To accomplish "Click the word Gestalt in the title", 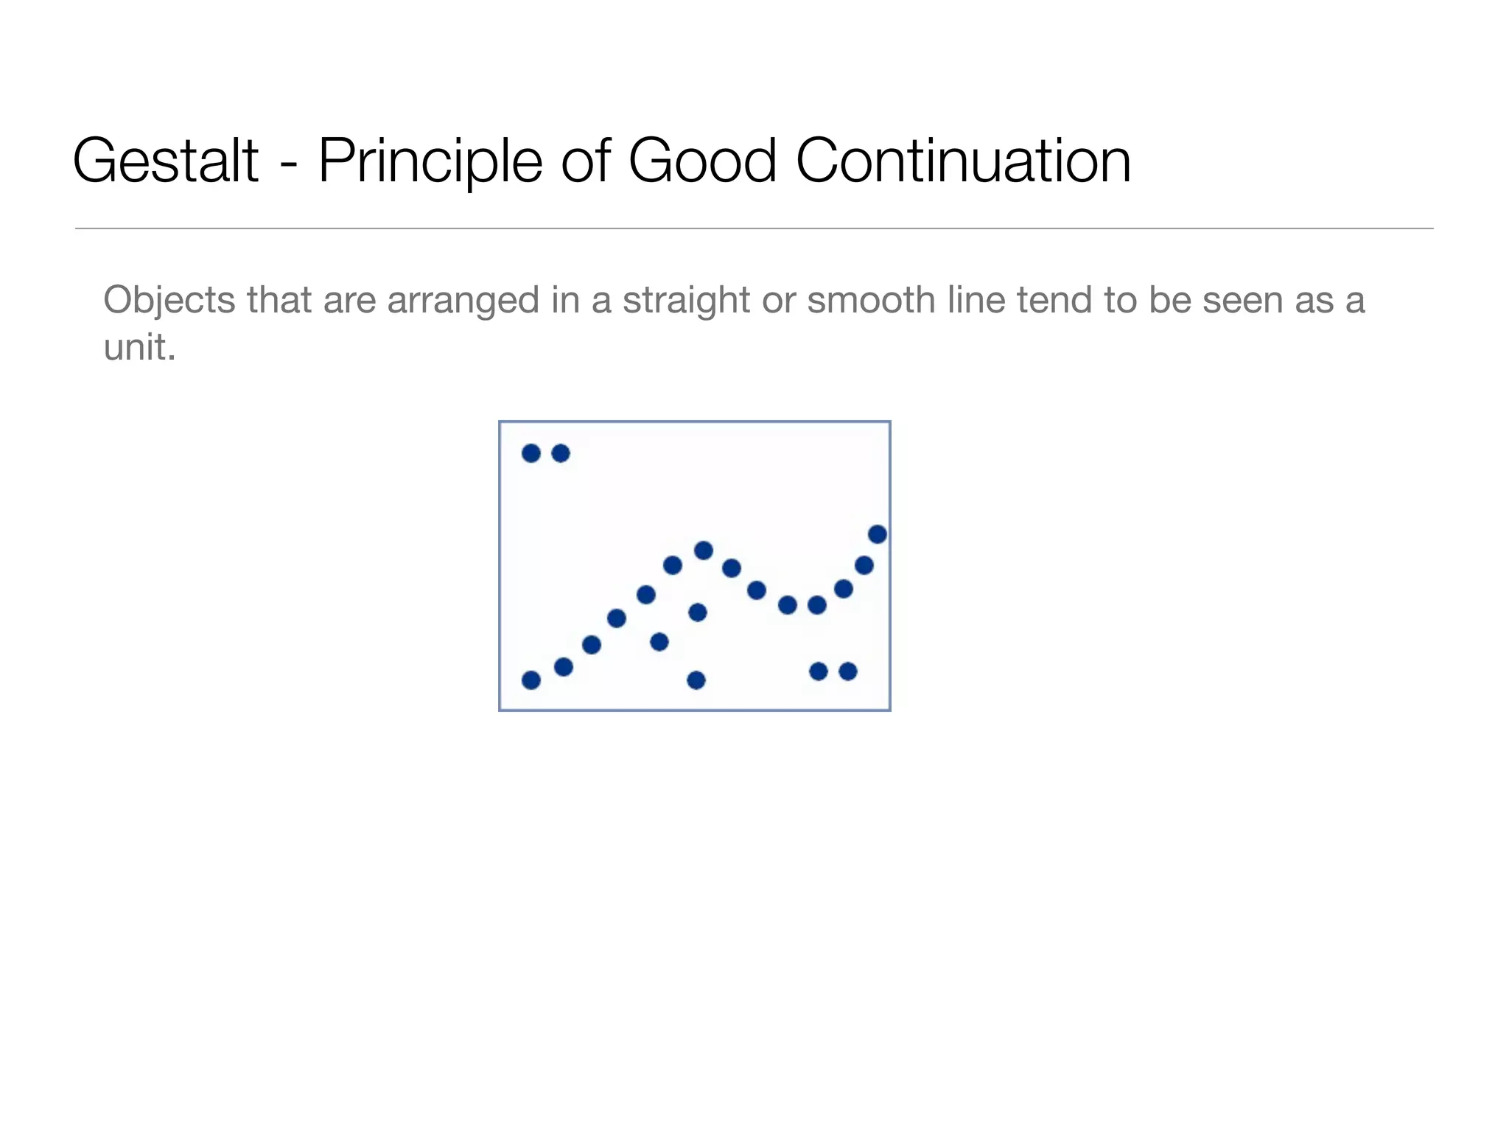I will (x=165, y=161).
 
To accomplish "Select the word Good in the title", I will (x=702, y=161).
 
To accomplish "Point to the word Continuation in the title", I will (x=963, y=161).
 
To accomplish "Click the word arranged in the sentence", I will (x=464, y=301).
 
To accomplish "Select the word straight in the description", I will (x=686, y=301).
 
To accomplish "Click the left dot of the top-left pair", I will (x=531, y=453).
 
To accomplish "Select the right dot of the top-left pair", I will (x=561, y=453).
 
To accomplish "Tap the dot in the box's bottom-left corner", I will (x=531, y=679).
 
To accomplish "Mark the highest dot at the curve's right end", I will (x=878, y=534).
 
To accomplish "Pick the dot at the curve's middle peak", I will (x=704, y=551).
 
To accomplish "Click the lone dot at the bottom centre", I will (x=696, y=679).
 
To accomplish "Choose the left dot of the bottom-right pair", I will (x=819, y=671).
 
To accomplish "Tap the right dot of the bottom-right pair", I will (x=848, y=671).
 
